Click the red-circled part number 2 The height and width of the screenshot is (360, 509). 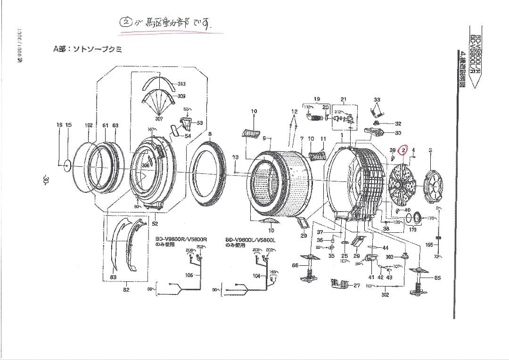pos(404,150)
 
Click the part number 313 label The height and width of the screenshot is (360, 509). pos(181,84)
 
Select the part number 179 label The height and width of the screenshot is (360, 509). pos(412,229)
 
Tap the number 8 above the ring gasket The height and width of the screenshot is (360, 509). pos(210,133)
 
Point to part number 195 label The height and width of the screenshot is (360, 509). pos(429,245)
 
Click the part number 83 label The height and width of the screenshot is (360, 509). pos(113,277)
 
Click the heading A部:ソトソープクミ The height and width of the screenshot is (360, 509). pos(87,49)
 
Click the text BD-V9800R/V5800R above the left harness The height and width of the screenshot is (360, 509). pos(181,239)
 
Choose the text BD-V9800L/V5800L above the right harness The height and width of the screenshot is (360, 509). pos(250,239)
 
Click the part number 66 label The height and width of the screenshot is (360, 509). pos(295,265)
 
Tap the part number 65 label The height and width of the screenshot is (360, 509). pos(437,278)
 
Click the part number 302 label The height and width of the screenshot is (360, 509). pos(385,295)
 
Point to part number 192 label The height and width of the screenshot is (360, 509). pos(88,125)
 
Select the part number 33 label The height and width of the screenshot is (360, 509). pos(377,99)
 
